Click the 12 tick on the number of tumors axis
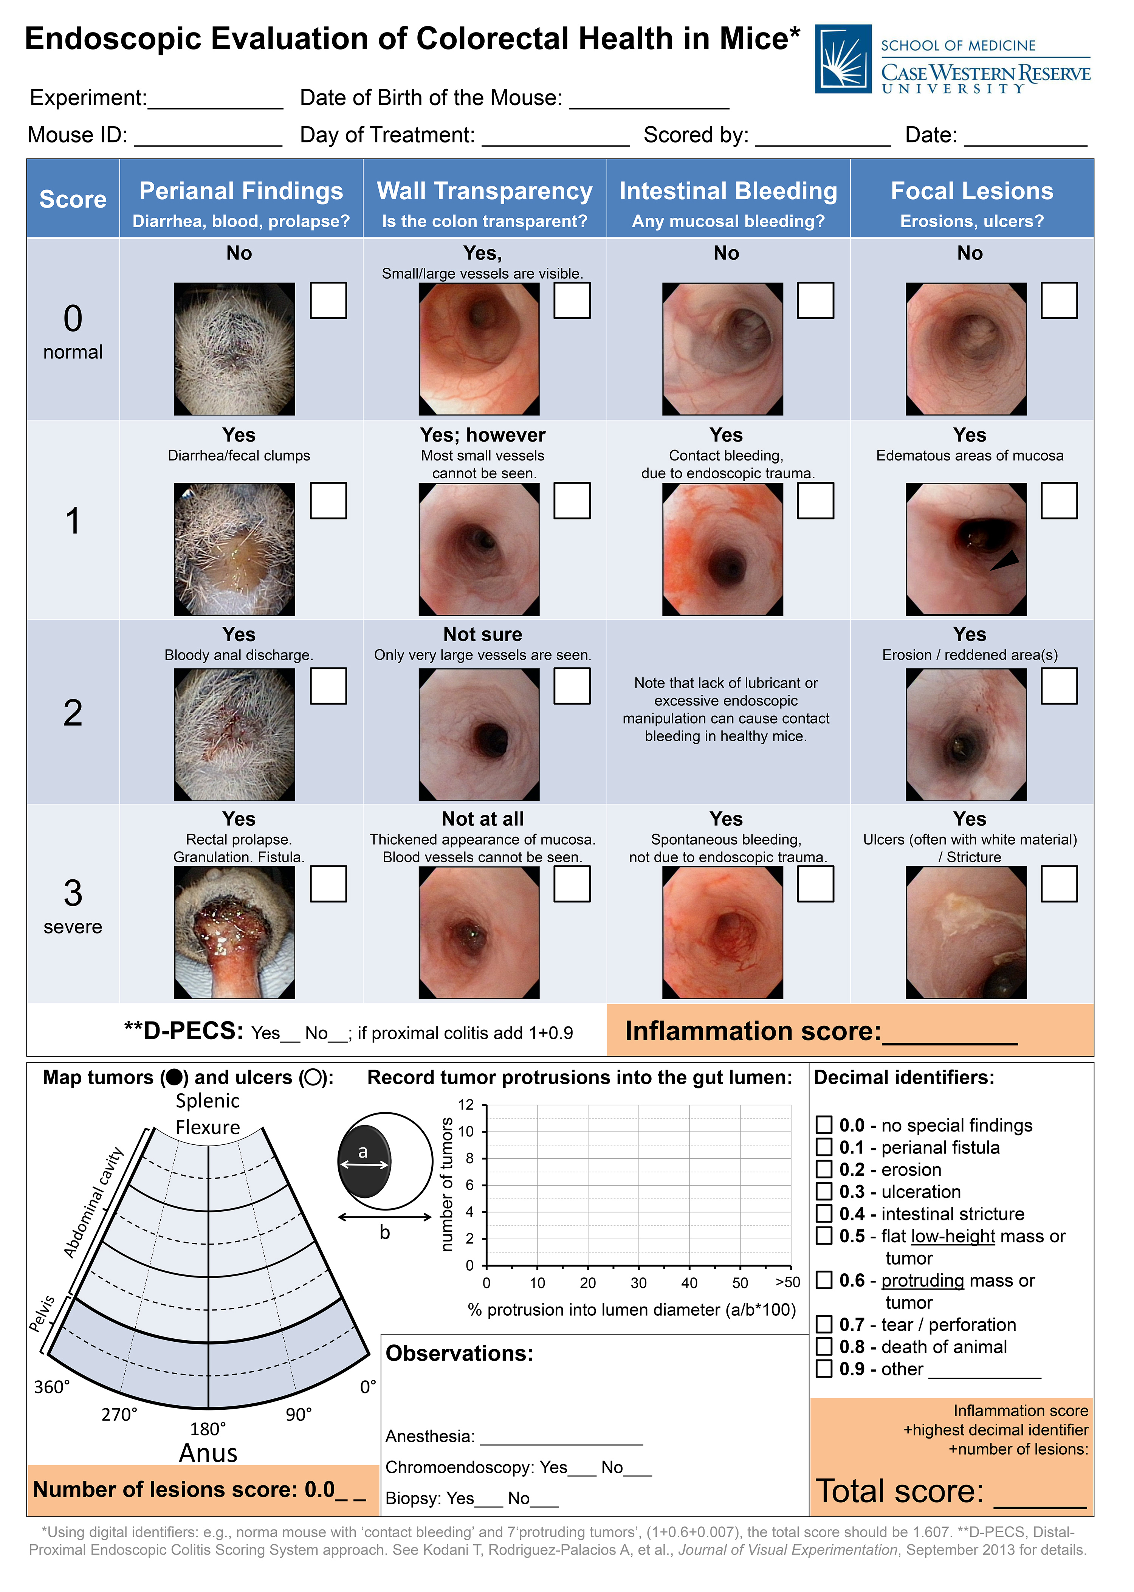(x=466, y=1105)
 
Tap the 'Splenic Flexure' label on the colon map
(x=208, y=1114)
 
